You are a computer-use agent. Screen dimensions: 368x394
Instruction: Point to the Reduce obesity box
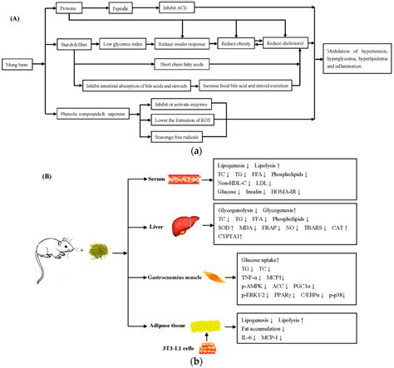coord(237,39)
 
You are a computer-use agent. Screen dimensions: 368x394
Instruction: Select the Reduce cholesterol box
coord(290,39)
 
